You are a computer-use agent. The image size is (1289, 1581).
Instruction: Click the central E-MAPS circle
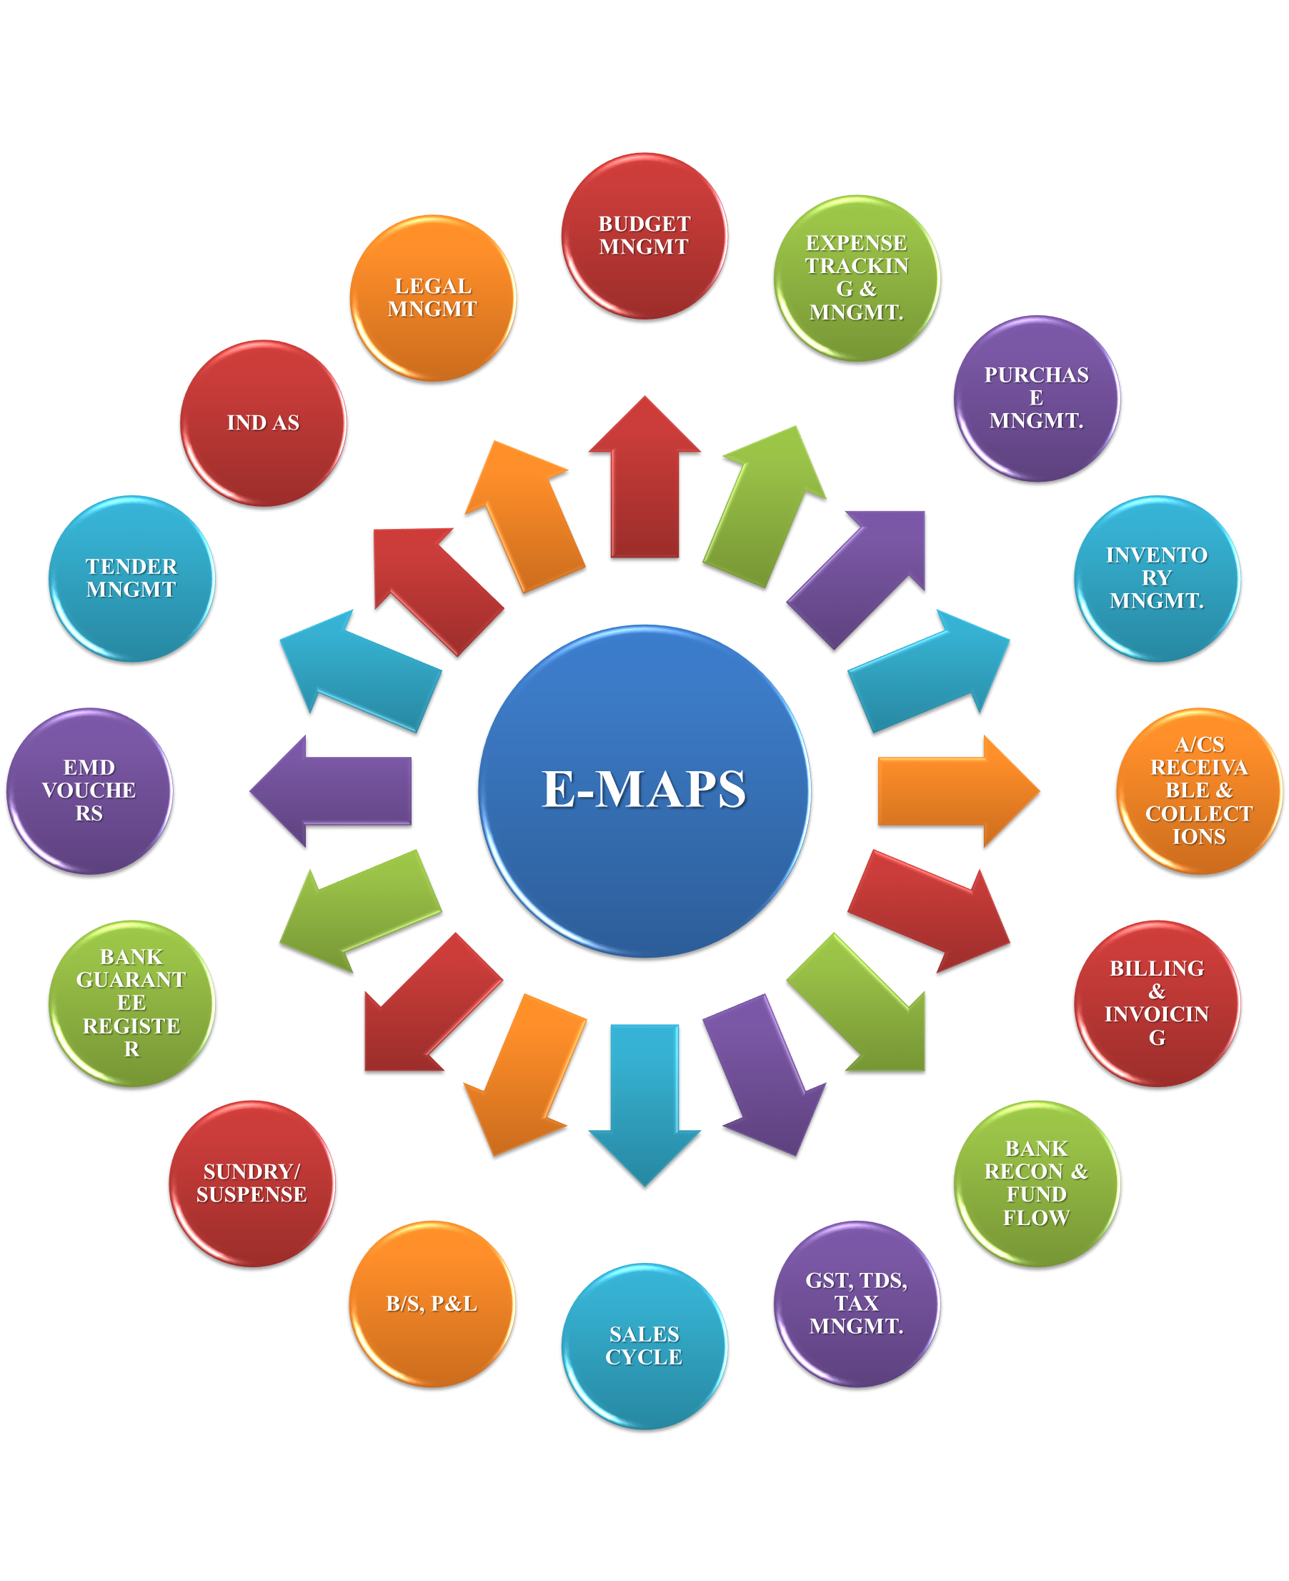click(644, 792)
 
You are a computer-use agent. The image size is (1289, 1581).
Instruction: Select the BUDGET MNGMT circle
click(644, 236)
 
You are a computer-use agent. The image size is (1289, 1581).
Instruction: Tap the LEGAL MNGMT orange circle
click(433, 299)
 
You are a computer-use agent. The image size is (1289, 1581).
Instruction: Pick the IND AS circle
click(263, 424)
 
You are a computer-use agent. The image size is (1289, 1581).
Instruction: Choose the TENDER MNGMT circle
click(131, 579)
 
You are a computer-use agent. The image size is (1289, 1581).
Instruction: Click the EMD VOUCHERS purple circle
click(89, 792)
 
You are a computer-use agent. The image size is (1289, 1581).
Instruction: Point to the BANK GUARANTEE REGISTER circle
click(131, 1004)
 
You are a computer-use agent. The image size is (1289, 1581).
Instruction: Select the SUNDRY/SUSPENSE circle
click(252, 1184)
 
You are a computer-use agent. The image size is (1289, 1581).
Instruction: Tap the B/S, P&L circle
click(432, 1304)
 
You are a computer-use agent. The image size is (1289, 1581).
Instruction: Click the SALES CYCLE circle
click(644, 1347)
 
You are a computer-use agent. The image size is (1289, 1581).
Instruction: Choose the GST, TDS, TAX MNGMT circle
click(857, 1304)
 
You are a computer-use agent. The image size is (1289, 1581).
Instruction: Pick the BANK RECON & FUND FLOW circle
click(1037, 1184)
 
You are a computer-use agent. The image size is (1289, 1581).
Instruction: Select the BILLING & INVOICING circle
click(1157, 1004)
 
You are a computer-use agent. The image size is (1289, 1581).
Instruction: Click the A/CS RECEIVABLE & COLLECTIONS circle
click(1199, 792)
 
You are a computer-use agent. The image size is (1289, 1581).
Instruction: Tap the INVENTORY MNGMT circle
click(1157, 579)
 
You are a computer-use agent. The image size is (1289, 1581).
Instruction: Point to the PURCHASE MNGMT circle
click(1037, 400)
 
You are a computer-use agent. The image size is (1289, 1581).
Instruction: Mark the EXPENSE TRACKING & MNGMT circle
click(857, 279)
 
